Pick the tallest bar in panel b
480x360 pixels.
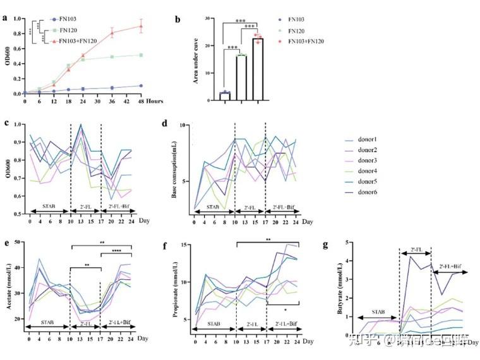tap(258, 69)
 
